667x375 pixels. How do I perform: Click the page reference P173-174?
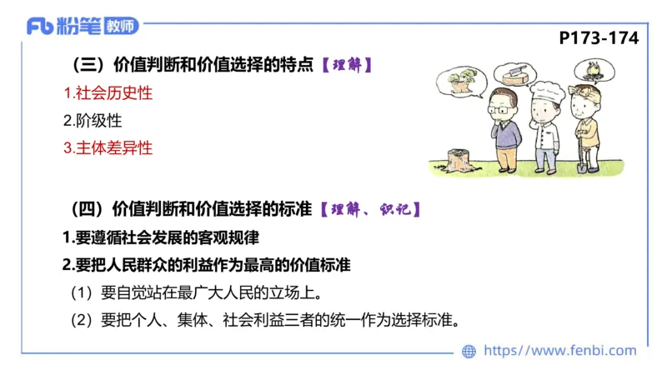click(x=599, y=38)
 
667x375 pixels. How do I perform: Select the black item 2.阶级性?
click(x=93, y=120)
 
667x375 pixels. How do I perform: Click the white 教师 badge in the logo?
click(x=122, y=26)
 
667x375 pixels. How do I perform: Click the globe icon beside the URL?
click(x=469, y=352)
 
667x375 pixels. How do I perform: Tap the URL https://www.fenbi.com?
click(x=559, y=351)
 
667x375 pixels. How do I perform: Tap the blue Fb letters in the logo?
click(x=40, y=27)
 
